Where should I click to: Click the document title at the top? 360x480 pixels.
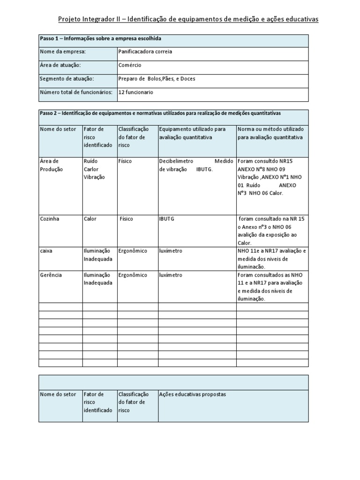coord(188,19)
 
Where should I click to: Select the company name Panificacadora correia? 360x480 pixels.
coord(145,52)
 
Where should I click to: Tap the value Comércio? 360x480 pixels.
coord(130,65)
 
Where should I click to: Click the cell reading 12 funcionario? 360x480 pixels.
coord(136,92)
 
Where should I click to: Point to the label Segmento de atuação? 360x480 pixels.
coord(67,79)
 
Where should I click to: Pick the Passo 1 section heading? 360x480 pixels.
coord(100,38)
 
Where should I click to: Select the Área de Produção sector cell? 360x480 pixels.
coord(52,165)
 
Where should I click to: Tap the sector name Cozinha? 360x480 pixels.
coord(50,218)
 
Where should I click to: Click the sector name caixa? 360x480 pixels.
coord(46,251)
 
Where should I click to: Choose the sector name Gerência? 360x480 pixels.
coord(51,275)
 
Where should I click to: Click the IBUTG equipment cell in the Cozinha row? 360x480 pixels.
coord(167,218)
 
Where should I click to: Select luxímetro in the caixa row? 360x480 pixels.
coord(171,251)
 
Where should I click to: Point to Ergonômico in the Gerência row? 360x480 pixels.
coord(133,275)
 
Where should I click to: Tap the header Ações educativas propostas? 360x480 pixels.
coord(193,394)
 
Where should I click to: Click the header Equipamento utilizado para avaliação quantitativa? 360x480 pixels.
coord(192,133)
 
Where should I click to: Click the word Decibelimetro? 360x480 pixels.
coord(176,161)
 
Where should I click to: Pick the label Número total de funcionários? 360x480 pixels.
coord(76,92)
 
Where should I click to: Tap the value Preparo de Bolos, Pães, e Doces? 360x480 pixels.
coord(157,79)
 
